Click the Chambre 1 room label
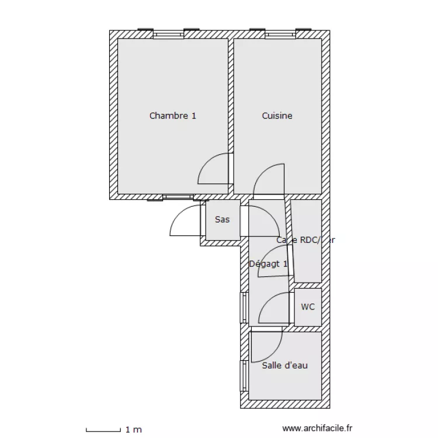click(172, 116)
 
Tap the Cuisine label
click(277, 116)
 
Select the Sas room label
click(222, 220)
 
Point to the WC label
click(308, 306)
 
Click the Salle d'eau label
click(284, 366)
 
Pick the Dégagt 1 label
click(268, 263)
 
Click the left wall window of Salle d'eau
click(244, 376)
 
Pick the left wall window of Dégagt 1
click(244, 307)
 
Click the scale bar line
click(103, 430)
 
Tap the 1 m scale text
click(134, 430)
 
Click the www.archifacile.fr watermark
click(318, 429)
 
